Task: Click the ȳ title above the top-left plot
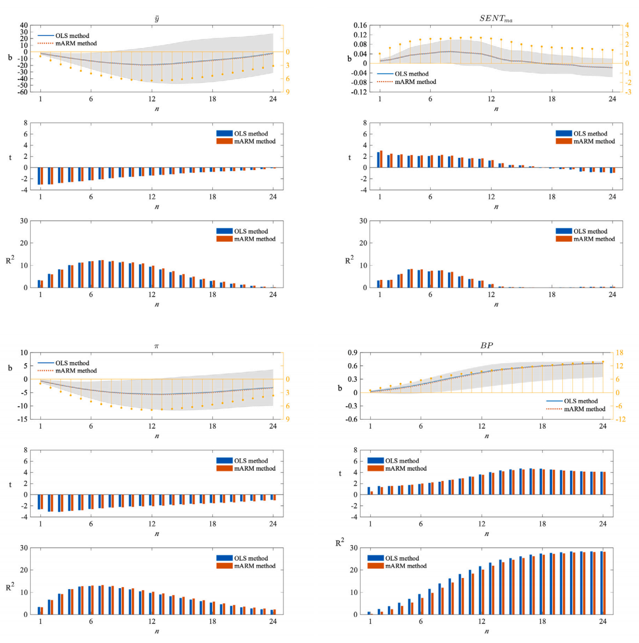click(156, 18)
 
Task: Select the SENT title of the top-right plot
click(496, 18)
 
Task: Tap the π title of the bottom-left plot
click(156, 346)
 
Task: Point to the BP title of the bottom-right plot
click(486, 346)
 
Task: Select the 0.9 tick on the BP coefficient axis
click(353, 353)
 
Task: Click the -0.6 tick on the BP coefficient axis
click(352, 419)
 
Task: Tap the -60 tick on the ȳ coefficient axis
click(22, 92)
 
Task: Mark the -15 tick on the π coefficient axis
click(23, 419)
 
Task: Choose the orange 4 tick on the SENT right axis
click(627, 26)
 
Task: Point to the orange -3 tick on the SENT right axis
click(628, 92)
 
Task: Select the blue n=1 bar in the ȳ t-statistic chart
click(39, 176)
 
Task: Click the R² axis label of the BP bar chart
click(339, 543)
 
